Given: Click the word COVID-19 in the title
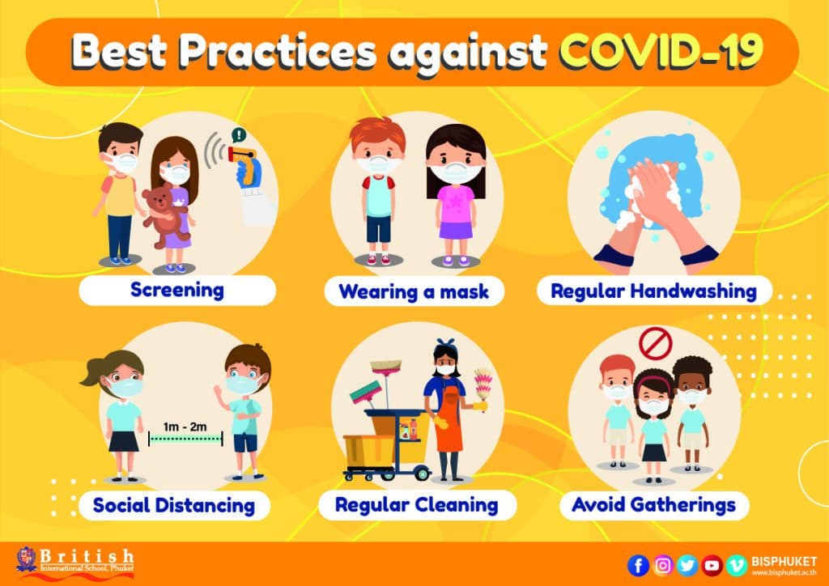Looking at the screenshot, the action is click(661, 51).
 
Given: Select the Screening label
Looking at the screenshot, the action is click(177, 290).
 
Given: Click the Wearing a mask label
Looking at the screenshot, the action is click(414, 291).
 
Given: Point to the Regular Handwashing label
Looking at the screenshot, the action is click(654, 291).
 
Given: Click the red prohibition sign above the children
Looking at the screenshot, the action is click(655, 343).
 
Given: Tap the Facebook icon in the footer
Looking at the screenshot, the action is click(638, 566).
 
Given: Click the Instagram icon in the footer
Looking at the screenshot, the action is click(662, 566).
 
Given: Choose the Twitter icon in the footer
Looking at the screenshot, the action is click(687, 566).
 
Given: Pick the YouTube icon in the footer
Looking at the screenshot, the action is click(712, 566).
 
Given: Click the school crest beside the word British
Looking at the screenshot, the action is click(27, 560).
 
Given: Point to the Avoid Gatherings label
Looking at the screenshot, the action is click(654, 505).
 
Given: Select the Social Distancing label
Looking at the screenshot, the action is click(174, 506).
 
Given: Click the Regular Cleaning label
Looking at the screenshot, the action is click(417, 505).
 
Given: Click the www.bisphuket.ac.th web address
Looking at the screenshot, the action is click(784, 573).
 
